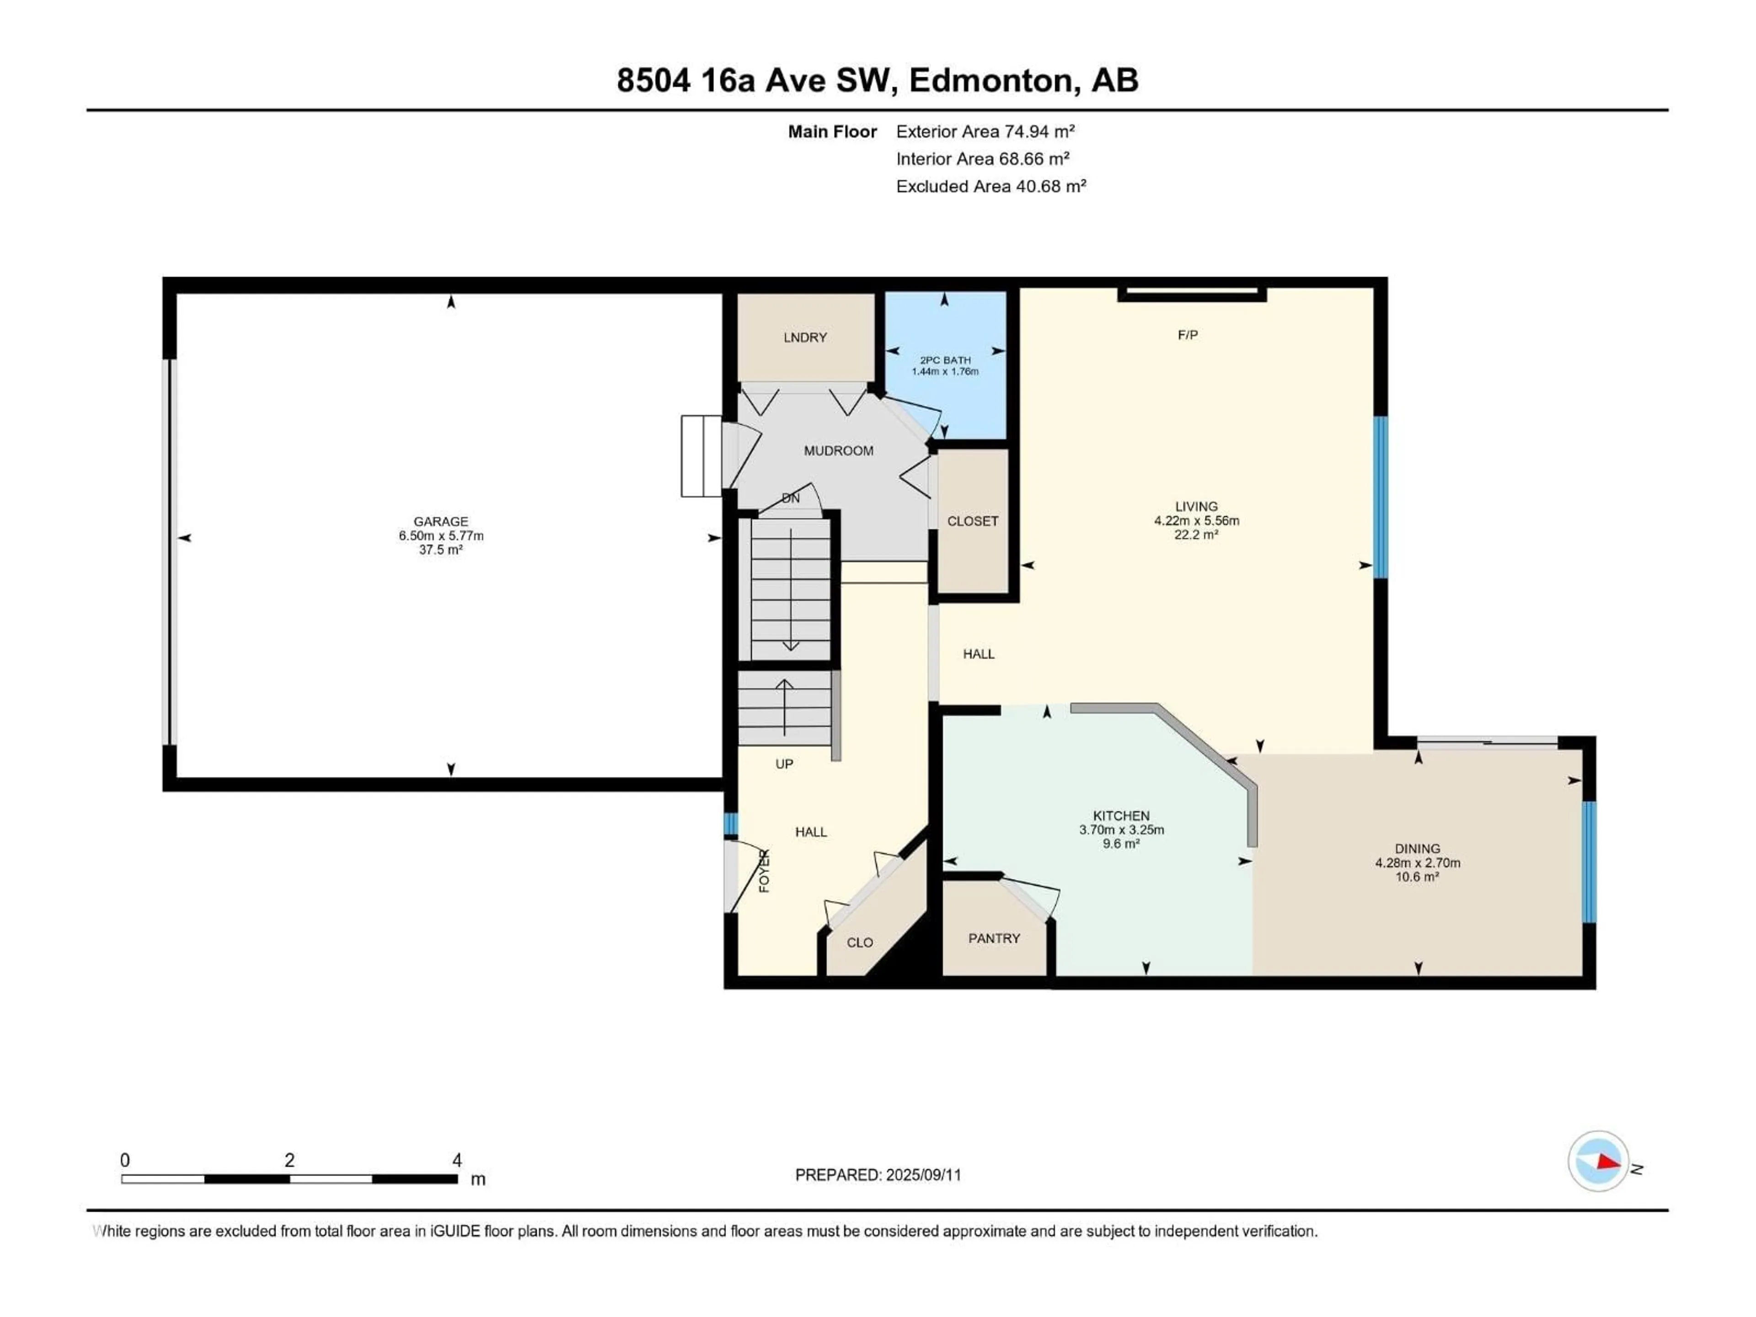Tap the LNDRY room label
[805, 337]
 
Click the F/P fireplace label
[1188, 335]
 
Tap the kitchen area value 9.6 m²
[1121, 844]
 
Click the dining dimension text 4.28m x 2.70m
[1417, 863]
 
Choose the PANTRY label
[994, 938]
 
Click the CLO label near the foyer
[860, 943]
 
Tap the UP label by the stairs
[784, 764]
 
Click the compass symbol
[1598, 1162]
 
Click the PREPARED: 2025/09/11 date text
[878, 1175]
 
